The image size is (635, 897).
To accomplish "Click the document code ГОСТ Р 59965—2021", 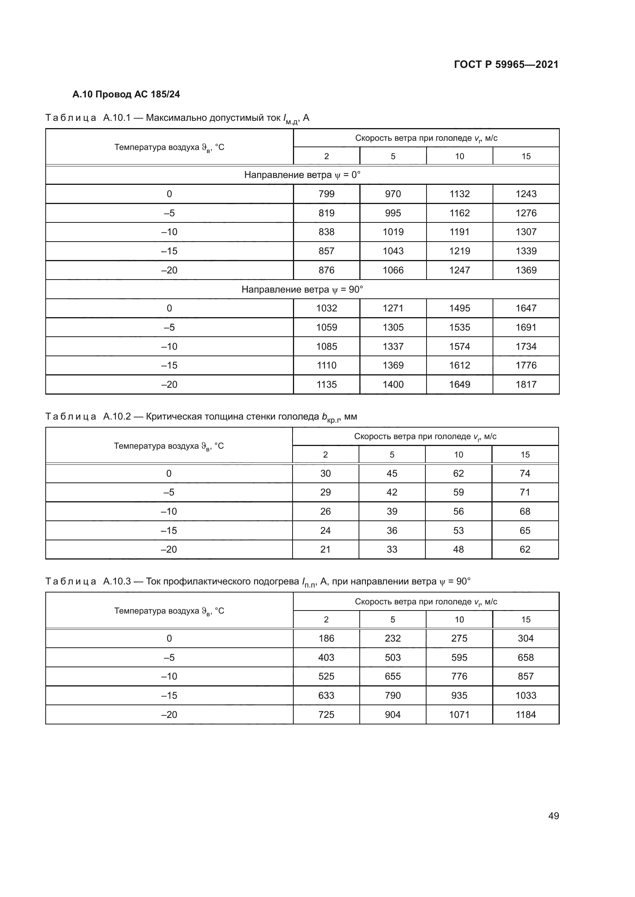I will pos(506,65).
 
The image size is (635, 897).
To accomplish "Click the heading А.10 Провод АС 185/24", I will pos(126,95).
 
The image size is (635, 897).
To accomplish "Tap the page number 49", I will pos(553,816).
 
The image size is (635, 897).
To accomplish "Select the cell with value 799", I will pos(326,194).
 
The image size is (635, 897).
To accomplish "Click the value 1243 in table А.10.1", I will pos(526,194).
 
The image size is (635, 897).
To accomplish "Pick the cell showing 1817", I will pos(526,384).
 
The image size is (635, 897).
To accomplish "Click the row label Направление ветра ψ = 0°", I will pos(302,175).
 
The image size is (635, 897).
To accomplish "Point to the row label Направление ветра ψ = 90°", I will pos(302,290).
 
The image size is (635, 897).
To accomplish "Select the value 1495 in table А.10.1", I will pos(459,308).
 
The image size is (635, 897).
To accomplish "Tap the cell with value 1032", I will pos(326,308).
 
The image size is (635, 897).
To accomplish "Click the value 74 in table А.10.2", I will pos(525,474).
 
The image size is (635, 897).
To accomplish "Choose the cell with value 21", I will pos(325,549).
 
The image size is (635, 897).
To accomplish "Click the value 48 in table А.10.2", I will pos(458,549).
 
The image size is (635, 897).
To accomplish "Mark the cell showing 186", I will pos(326,639).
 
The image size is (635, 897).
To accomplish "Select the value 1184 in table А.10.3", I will pos(526,714).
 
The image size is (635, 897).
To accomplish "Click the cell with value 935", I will pos(459,695).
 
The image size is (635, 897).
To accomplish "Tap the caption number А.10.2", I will pos(117,416).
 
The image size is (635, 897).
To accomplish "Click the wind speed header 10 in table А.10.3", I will pos(459,620).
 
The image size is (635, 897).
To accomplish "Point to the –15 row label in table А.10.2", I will pos(169,530).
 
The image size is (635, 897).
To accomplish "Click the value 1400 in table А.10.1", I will pos(393,384).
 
